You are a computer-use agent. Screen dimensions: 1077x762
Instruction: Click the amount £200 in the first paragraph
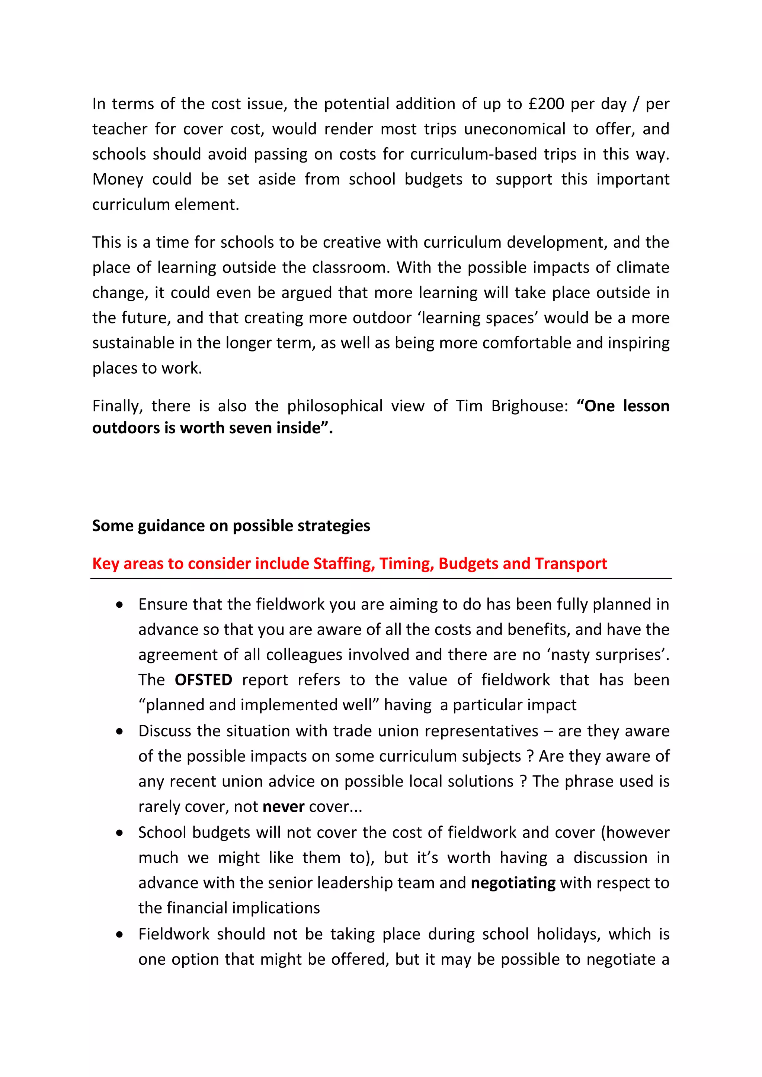point(546,104)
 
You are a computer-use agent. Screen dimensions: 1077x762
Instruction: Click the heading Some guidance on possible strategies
point(231,525)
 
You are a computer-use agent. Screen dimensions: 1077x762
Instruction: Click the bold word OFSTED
point(203,680)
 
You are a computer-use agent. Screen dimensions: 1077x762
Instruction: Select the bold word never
point(284,806)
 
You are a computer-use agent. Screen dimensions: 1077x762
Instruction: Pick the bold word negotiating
point(513,883)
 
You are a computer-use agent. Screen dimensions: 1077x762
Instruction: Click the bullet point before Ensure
point(120,605)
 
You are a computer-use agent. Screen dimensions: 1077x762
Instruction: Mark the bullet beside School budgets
point(120,833)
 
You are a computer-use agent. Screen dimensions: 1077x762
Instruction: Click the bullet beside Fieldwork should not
point(120,935)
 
